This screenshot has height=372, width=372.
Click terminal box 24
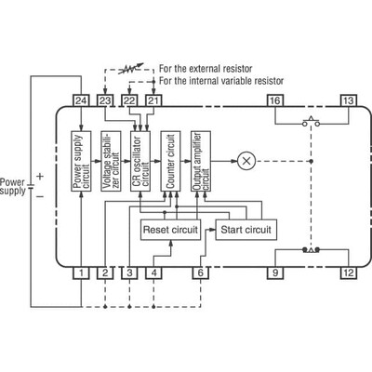click(82, 100)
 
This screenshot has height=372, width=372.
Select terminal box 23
click(106, 100)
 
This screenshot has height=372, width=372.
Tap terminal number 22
click(130, 100)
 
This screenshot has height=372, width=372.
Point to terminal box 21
click(153, 100)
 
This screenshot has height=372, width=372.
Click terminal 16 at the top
click(275, 100)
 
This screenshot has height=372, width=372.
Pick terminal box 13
click(348, 100)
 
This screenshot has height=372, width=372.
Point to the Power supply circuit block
click(82, 160)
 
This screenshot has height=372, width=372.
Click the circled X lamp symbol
click(246, 160)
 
